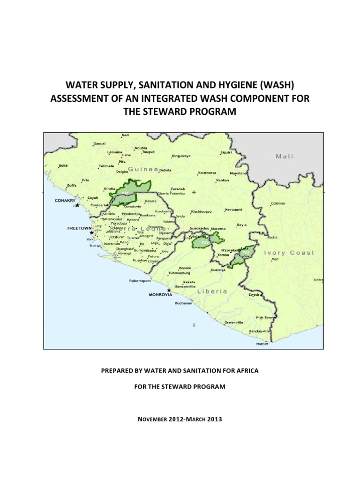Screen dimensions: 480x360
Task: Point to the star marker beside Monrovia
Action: (x=169, y=290)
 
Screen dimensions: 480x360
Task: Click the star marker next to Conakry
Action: (x=77, y=205)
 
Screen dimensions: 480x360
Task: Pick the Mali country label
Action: (x=285, y=157)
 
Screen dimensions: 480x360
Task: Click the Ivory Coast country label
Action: (x=289, y=253)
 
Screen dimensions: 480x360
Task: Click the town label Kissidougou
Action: (x=202, y=212)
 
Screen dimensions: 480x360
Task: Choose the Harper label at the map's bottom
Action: (x=262, y=344)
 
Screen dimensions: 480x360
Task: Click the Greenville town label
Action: (x=234, y=322)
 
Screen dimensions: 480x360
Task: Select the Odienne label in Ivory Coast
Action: (x=279, y=203)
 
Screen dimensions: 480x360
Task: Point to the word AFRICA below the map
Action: (x=245, y=370)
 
